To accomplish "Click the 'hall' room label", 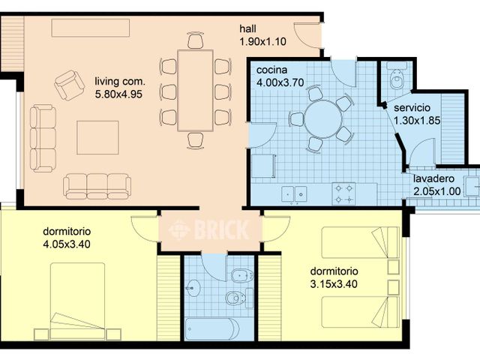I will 248,29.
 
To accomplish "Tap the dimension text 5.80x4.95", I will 119,94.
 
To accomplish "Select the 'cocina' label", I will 269,68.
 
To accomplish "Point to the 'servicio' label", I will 412,108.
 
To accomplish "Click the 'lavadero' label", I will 433,179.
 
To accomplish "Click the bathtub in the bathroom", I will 211,328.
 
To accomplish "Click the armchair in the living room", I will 69,85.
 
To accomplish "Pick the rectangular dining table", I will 195,90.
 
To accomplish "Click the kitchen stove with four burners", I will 344,193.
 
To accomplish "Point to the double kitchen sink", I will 294,193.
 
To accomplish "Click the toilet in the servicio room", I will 397,78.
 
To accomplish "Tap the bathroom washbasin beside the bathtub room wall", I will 194,287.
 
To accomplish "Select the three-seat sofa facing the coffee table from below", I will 97,185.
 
